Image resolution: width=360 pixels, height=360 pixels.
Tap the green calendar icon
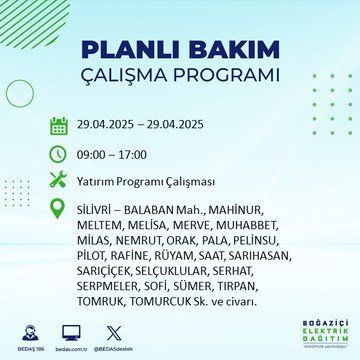point(58,127)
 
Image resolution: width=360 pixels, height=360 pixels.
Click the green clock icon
point(58,155)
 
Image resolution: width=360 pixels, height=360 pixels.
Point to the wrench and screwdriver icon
point(58,183)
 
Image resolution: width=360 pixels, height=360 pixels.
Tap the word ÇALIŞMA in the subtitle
point(136,77)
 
